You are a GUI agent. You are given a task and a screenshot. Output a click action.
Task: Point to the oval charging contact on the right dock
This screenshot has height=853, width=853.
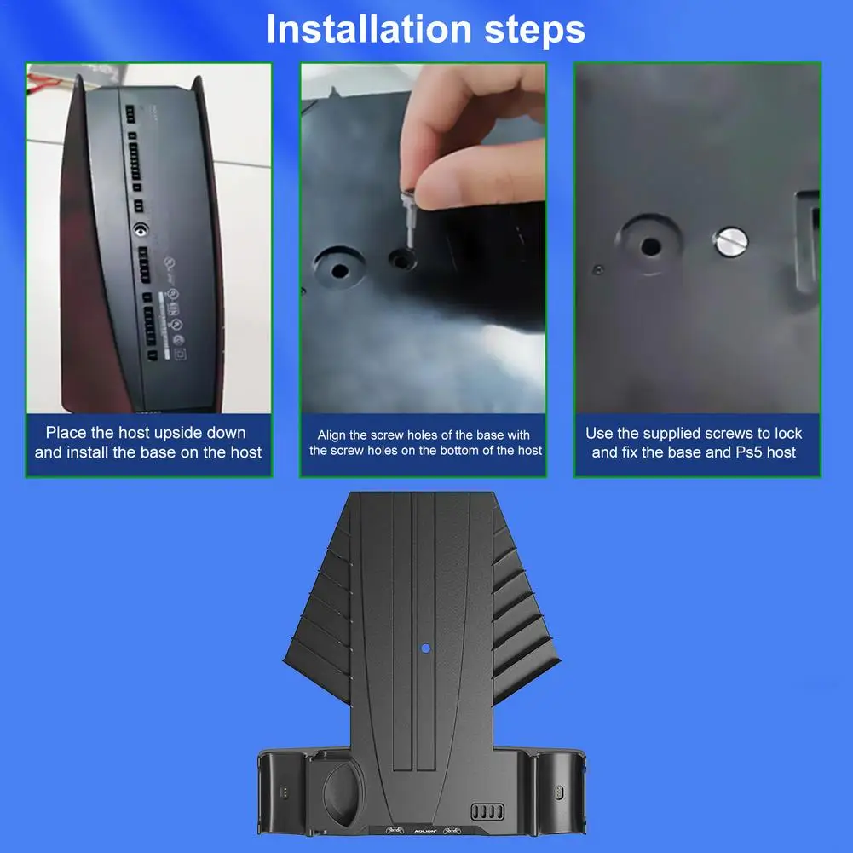tap(559, 792)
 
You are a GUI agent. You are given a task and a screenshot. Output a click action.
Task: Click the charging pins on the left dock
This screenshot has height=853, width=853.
tap(285, 792)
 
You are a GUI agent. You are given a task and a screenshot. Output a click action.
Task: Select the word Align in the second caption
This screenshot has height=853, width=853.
tap(334, 435)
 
